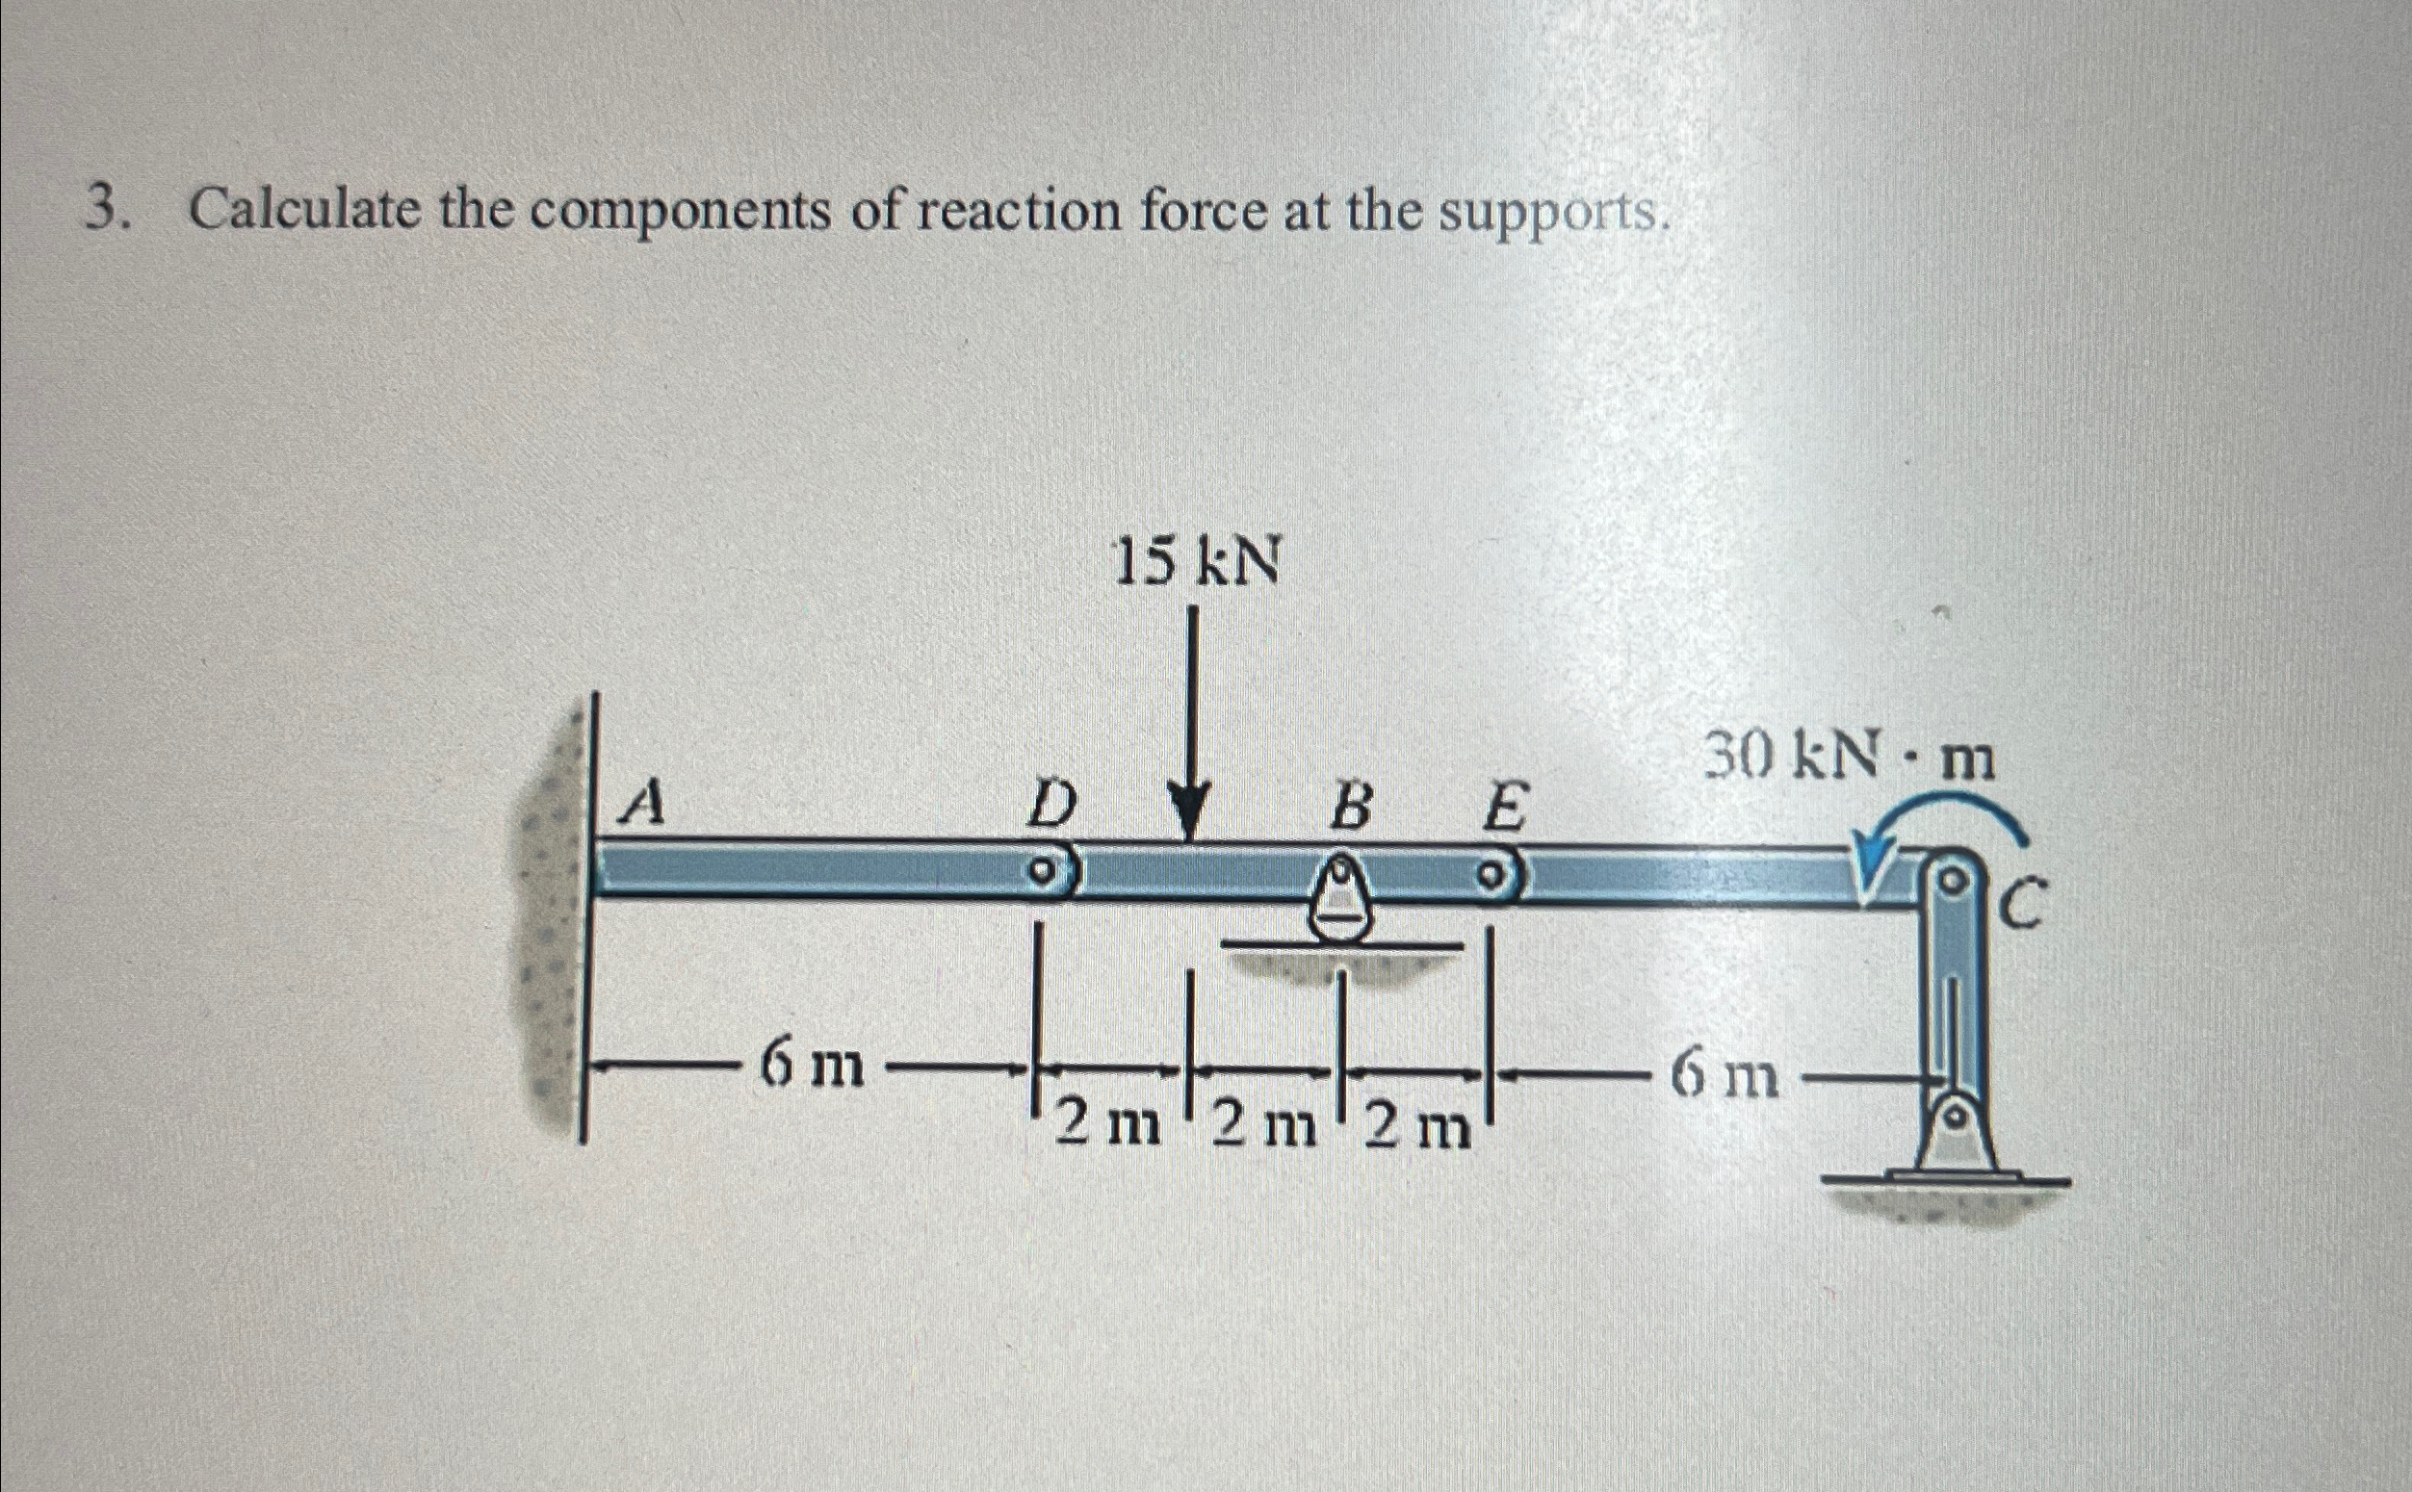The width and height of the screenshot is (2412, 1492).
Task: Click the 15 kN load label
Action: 1196,563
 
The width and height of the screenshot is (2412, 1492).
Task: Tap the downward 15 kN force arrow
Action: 1192,731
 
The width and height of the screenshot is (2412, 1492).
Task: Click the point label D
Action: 1050,810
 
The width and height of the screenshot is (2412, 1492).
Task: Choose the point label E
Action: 1502,811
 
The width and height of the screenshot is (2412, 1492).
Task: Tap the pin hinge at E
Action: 1494,874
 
